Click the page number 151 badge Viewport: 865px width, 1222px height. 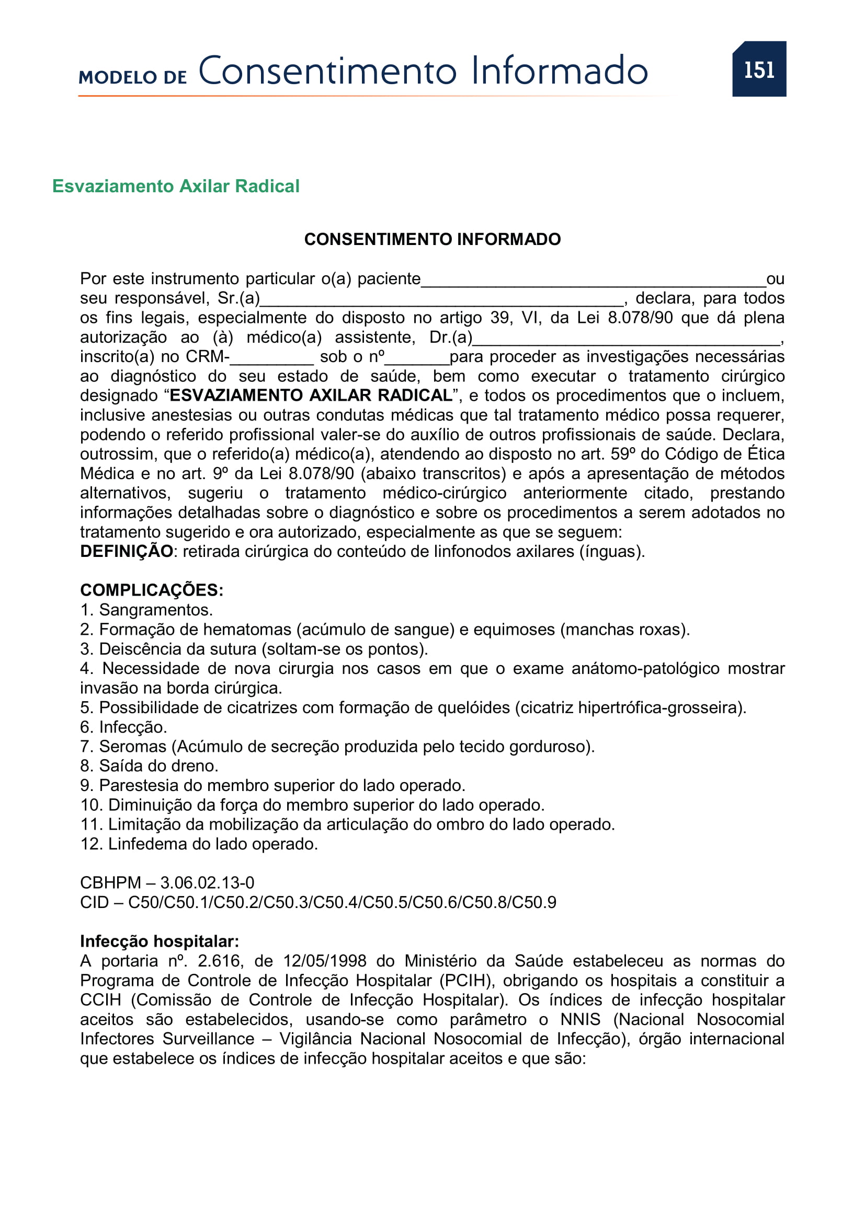[x=758, y=69]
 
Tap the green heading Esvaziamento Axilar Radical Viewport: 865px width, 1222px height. [x=176, y=187]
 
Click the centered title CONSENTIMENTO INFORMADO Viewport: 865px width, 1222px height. [x=432, y=239]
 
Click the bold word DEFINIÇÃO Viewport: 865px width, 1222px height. [x=126, y=551]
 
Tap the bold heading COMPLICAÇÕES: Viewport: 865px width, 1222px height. [x=152, y=590]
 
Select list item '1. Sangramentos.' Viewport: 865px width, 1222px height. [x=146, y=610]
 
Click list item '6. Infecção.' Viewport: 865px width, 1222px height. [x=123, y=727]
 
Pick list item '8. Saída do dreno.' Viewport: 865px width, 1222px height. [x=149, y=766]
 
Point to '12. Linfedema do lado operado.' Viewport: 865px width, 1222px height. [x=199, y=844]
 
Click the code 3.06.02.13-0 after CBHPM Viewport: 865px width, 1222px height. [x=207, y=883]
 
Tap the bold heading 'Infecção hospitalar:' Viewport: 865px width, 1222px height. [x=160, y=941]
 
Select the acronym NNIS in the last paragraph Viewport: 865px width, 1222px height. [x=580, y=1020]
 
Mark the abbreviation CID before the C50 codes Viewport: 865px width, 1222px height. [x=94, y=903]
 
